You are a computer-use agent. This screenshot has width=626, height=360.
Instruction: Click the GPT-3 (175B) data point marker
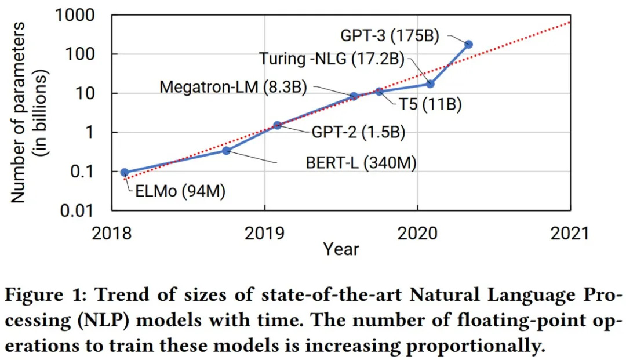[468, 44]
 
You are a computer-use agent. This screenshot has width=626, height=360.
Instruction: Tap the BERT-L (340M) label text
[361, 163]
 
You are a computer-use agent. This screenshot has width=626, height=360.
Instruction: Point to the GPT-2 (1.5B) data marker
[277, 125]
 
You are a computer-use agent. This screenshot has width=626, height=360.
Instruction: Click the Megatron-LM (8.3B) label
[234, 87]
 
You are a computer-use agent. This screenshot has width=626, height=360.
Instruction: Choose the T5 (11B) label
[430, 106]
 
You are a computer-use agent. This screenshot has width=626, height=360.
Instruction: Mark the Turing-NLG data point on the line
[430, 84]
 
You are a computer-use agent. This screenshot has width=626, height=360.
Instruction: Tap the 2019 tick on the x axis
[265, 232]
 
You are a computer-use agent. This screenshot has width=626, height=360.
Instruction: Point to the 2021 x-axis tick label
[570, 232]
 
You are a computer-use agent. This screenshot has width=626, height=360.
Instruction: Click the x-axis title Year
[341, 249]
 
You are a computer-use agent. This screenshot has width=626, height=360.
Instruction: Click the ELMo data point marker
[125, 172]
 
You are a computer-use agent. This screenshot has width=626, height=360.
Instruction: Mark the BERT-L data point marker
[227, 151]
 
